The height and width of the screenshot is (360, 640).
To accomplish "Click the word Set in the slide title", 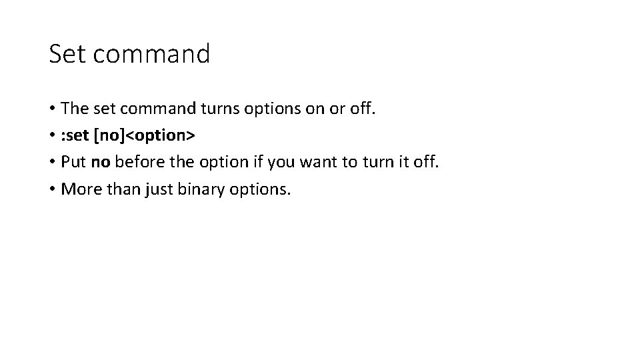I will (x=68, y=54).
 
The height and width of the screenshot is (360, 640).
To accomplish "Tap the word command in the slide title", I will (x=151, y=54).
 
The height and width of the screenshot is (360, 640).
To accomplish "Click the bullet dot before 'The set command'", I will (x=52, y=109).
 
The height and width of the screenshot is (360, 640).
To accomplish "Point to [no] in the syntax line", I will (x=109, y=135).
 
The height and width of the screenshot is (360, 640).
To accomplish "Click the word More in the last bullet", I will (x=79, y=190).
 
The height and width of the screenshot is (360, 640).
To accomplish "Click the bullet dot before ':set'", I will (x=52, y=136).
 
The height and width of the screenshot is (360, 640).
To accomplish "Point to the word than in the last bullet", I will (x=118, y=190).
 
